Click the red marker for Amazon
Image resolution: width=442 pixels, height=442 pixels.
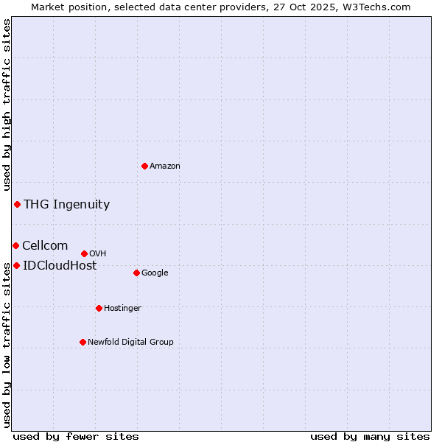144,166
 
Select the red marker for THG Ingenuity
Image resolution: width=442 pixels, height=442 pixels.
17,204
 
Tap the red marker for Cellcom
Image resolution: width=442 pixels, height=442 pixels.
15,245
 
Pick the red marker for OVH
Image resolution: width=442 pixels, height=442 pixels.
84,253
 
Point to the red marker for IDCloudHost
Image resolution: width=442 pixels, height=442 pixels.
16,265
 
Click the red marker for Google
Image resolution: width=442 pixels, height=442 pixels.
136,273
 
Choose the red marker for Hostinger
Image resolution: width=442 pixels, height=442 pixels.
99,308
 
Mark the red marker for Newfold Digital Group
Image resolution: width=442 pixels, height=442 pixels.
83,342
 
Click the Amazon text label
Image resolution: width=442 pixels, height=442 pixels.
165,166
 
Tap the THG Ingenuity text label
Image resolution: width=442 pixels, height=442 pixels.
66,205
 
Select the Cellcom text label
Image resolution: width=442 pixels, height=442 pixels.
45,246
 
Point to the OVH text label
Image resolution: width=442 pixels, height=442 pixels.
98,254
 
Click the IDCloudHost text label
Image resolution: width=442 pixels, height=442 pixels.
60,266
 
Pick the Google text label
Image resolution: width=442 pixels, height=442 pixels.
155,273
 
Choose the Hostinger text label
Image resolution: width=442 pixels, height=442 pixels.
122,309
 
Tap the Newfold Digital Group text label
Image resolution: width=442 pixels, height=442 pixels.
130,343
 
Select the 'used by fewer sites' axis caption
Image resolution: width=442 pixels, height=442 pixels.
76,436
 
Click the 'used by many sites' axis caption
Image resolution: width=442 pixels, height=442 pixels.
370,436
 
